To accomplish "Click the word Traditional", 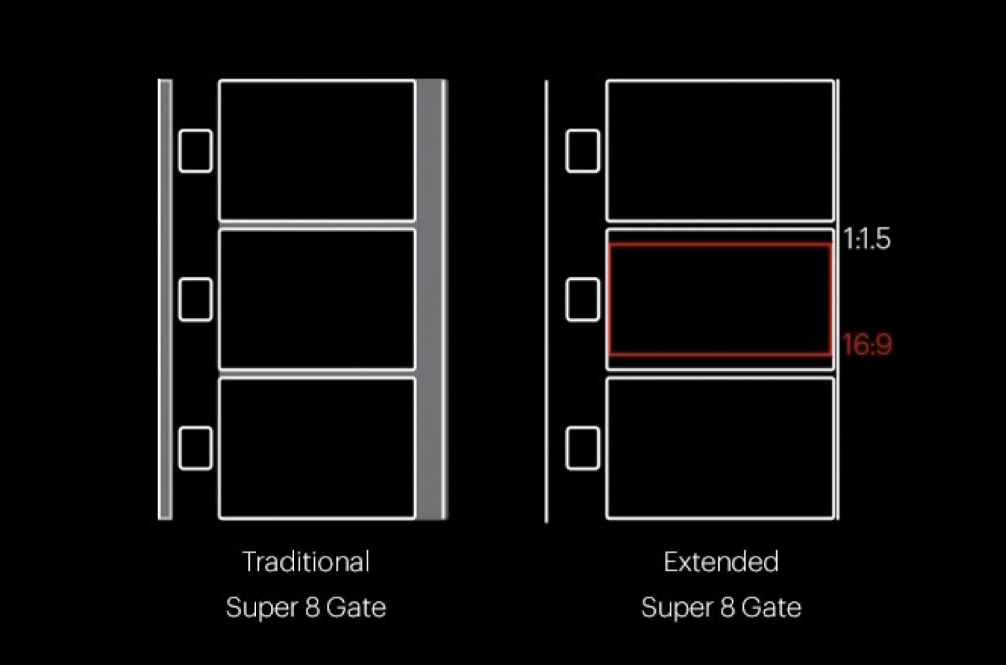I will [306, 561].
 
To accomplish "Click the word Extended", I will [721, 561].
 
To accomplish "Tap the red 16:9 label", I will [867, 344].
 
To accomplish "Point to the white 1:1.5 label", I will [867, 239].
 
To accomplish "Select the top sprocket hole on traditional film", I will [195, 151].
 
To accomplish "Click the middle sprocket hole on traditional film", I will [195, 299].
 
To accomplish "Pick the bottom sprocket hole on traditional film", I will [195, 448].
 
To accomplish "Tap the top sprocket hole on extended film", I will [583, 151].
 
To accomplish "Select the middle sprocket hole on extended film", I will [583, 299].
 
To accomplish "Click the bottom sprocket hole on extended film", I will [583, 448].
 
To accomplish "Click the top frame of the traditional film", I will [317, 151].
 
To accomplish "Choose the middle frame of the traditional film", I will [317, 299].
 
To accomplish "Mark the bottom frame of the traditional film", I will [317, 448].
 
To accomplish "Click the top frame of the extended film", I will [720, 151].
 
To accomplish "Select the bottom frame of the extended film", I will [720, 448].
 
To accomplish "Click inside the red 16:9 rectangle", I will [720, 299].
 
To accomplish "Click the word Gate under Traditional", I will [356, 608].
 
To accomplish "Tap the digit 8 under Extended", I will [727, 608].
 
